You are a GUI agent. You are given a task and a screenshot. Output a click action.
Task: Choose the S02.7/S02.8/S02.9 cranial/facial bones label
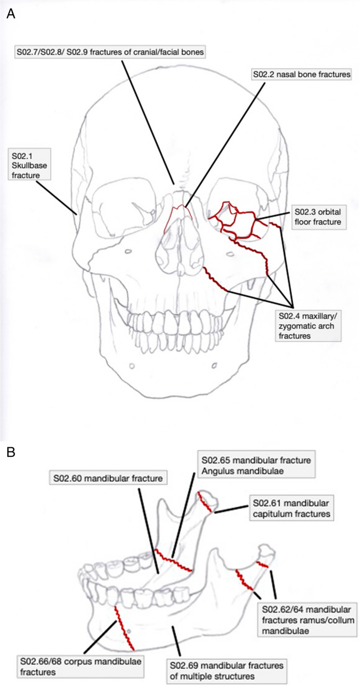click(110, 52)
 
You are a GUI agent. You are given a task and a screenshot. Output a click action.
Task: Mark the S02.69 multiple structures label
click(225, 665)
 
